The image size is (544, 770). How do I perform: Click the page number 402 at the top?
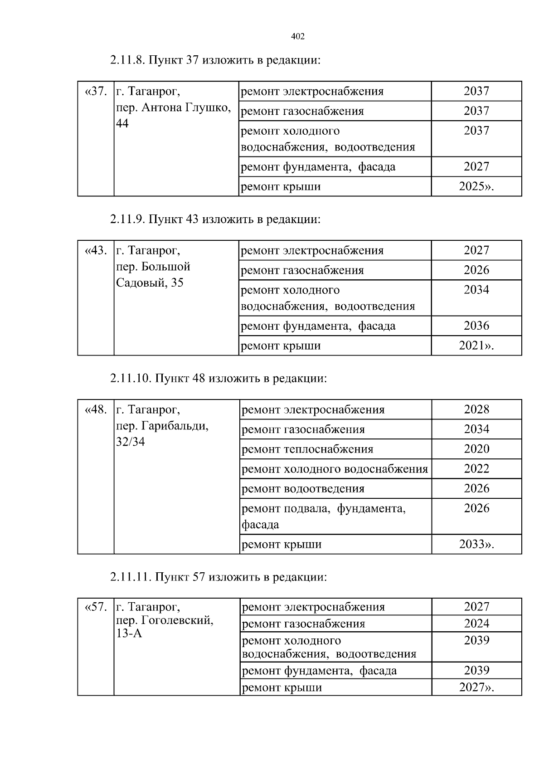297,37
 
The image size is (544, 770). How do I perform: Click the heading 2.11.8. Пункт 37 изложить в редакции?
215,60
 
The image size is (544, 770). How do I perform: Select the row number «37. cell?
96,92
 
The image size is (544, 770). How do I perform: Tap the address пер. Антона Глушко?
173,108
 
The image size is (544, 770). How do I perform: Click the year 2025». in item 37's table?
476,186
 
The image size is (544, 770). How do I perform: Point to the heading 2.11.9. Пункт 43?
215,219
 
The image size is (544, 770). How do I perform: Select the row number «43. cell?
96,251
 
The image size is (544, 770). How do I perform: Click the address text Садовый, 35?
150,283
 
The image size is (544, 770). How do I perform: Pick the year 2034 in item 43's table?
476,290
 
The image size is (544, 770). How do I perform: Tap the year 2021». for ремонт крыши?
476,346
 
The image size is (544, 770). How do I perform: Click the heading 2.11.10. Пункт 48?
218,379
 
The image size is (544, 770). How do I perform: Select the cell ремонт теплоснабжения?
307,449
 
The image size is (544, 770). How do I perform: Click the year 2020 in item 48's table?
476,449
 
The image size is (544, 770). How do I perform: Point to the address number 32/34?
131,442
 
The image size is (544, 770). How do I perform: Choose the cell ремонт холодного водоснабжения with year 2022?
335,469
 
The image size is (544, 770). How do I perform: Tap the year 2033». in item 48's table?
476,544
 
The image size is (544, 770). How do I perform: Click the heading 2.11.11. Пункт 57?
218,577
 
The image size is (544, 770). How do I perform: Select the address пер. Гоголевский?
165,620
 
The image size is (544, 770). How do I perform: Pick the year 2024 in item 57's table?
476,624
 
